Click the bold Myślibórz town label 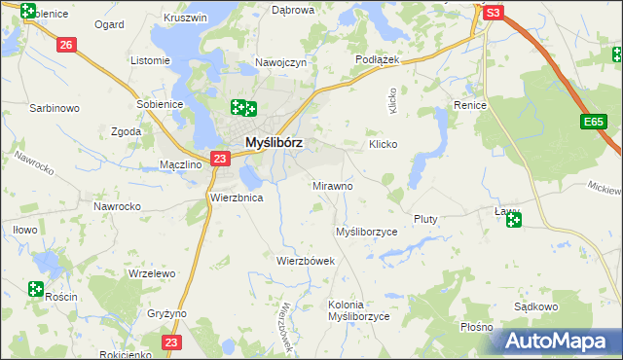pos(274,141)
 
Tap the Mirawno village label pos(333,185)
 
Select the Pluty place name pos(425,219)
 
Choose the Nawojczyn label pos(281,62)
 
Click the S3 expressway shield pos(494,13)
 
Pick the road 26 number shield pos(66,45)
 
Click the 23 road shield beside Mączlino pos(220,159)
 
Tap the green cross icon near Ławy pos(514,222)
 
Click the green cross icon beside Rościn pos(36,289)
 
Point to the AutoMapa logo pos(558,341)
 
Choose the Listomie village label pos(150,60)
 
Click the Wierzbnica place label pos(237,197)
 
